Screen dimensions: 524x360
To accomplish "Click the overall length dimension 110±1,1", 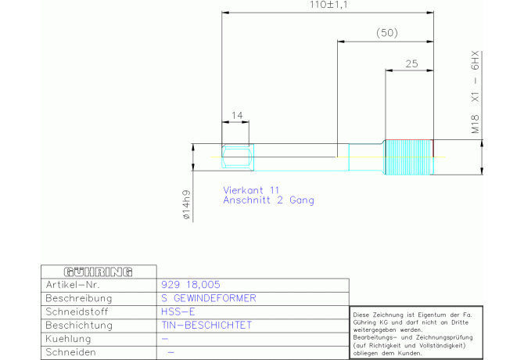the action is [x=328, y=5].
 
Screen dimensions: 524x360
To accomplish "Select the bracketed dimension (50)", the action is [x=387, y=33].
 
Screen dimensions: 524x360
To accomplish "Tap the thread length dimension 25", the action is [x=411, y=63].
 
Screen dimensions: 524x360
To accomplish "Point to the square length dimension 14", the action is [x=237, y=115].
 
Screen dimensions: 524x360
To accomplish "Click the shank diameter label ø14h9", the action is [x=186, y=204].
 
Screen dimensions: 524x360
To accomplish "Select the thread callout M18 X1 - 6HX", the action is [x=475, y=92].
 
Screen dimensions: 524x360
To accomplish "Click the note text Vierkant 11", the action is [x=251, y=190].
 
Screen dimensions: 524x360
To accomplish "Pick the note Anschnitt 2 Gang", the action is [x=269, y=200].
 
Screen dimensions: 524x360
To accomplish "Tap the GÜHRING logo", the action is [x=99, y=272].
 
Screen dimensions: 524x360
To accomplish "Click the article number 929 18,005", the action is [x=191, y=284].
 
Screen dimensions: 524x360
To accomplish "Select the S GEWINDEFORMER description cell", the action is [x=209, y=298].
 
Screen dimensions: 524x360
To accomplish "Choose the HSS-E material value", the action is [x=178, y=311].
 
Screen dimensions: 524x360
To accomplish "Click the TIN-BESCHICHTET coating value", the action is [x=206, y=325].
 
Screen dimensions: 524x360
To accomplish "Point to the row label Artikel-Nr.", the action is [x=73, y=285].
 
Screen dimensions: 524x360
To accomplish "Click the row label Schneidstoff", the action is [x=77, y=311].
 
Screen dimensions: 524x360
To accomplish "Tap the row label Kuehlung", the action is [x=68, y=339].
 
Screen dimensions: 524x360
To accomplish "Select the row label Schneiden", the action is [x=70, y=352].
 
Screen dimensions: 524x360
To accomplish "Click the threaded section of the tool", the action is [x=409, y=157].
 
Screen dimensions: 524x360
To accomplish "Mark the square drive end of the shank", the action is [x=238, y=157].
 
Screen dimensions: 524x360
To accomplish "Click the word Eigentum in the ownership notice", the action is [x=432, y=315].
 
